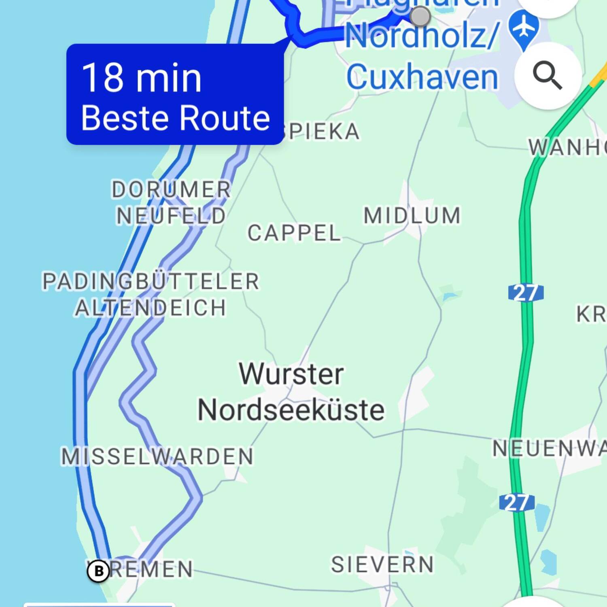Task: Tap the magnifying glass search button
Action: point(548,75)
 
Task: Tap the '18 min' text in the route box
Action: point(142,78)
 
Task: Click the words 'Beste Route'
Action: point(175,118)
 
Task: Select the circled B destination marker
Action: point(98,571)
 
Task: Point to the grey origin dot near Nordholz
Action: point(420,17)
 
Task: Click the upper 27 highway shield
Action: point(526,293)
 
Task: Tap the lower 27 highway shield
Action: point(517,503)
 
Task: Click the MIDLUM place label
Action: point(412,215)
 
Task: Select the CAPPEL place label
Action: point(294,233)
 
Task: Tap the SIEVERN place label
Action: point(382,565)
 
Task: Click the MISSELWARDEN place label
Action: point(157,456)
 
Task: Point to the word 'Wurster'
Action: point(291,374)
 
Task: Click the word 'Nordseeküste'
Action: point(291,410)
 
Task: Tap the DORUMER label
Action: point(171,189)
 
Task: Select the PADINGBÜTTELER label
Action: point(151,281)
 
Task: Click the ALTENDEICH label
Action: point(151,308)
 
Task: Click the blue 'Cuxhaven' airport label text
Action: point(422,77)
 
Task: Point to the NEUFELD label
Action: point(171,216)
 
